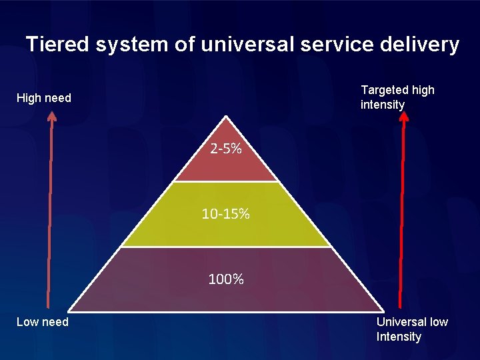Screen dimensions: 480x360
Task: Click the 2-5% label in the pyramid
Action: click(225, 149)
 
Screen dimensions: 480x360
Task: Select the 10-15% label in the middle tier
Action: click(226, 214)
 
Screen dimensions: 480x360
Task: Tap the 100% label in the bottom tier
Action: click(226, 279)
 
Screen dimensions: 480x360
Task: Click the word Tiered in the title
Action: click(58, 45)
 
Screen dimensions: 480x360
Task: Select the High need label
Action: click(43, 98)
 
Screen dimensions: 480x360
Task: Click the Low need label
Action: click(42, 322)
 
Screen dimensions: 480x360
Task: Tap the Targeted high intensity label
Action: click(397, 97)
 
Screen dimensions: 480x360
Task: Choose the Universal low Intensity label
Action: click(411, 329)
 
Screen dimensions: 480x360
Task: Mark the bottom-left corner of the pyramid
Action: click(71, 311)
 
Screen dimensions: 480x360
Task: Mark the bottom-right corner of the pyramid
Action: click(383, 311)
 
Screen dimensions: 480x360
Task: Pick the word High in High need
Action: click(28, 98)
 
